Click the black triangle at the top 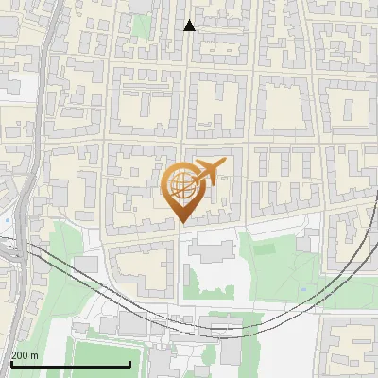click(x=190, y=26)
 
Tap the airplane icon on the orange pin click(x=208, y=172)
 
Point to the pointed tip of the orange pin click(x=181, y=222)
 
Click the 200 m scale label click(x=25, y=355)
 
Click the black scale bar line click(x=70, y=365)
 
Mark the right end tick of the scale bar click(x=129, y=363)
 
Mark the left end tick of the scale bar click(x=10, y=363)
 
